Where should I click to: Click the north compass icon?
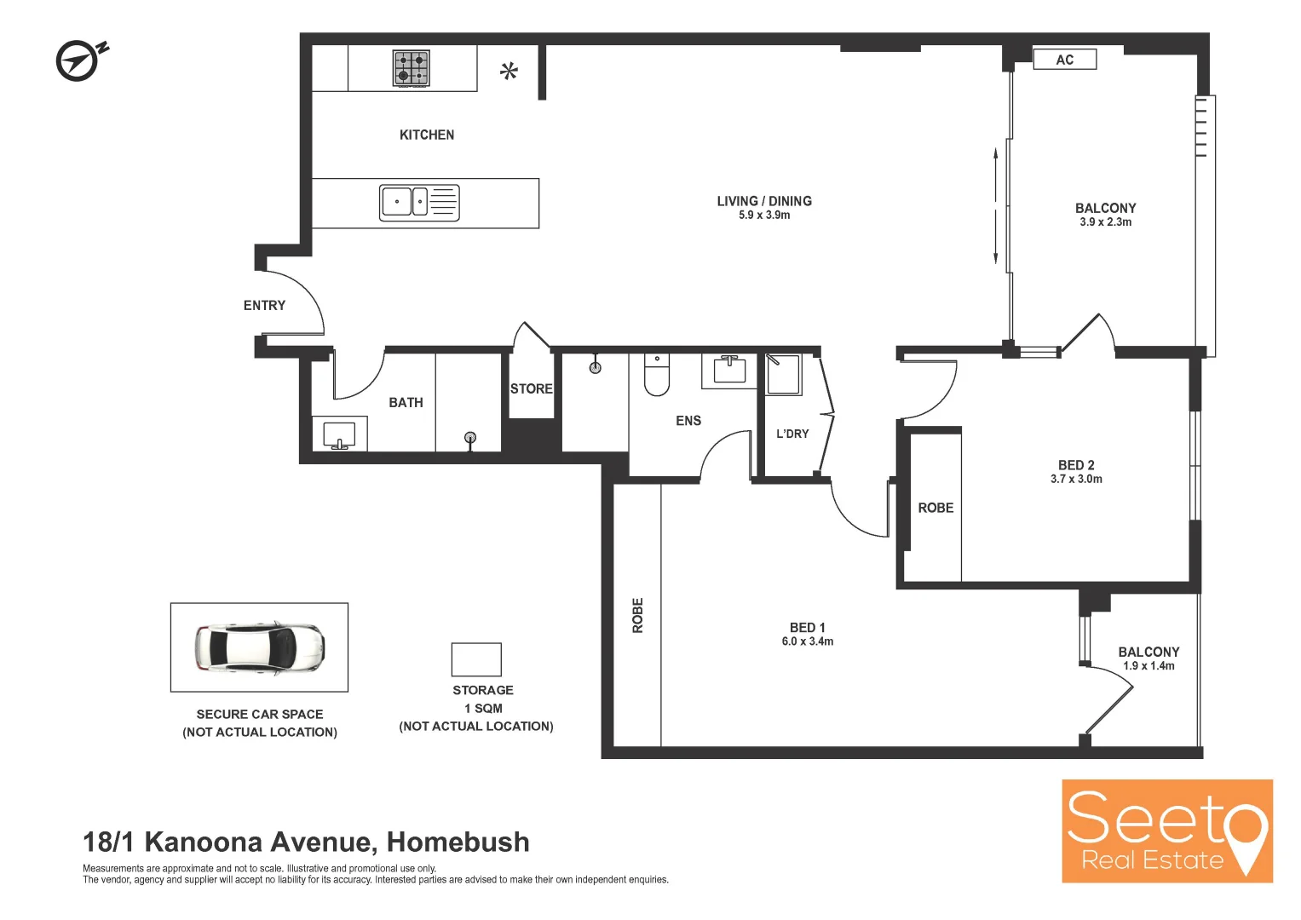79,60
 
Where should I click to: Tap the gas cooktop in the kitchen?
411,68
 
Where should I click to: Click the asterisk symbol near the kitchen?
509,72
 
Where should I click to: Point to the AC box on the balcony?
1064,60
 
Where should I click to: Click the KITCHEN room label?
427,135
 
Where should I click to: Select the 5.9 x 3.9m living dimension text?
764,216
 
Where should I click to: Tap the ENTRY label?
264,305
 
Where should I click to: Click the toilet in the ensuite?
657,374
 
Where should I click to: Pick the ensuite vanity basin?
730,370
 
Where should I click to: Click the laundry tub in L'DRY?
784,375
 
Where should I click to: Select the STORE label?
532,388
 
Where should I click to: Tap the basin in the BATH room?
339,434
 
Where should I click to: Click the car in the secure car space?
259,647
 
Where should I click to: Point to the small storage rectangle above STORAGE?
476,659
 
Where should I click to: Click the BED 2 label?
1076,465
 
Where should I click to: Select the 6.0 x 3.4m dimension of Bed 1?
808,641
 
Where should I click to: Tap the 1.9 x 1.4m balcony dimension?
1148,666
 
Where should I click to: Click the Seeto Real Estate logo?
1166,831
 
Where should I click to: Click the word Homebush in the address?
458,842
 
